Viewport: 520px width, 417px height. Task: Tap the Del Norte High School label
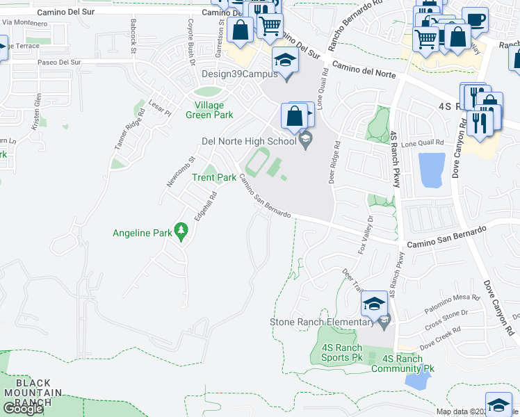coord(248,141)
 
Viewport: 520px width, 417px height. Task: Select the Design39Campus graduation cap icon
coord(284,59)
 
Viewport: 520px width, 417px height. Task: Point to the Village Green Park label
coord(209,110)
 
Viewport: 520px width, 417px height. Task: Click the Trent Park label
coord(214,177)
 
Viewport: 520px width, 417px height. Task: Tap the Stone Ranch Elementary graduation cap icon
coord(374,304)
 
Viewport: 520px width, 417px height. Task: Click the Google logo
coord(23,409)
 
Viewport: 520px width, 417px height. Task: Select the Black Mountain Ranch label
coord(33,393)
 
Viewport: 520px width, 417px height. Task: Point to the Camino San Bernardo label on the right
coord(446,236)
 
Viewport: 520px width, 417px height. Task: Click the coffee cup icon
coord(475,19)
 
